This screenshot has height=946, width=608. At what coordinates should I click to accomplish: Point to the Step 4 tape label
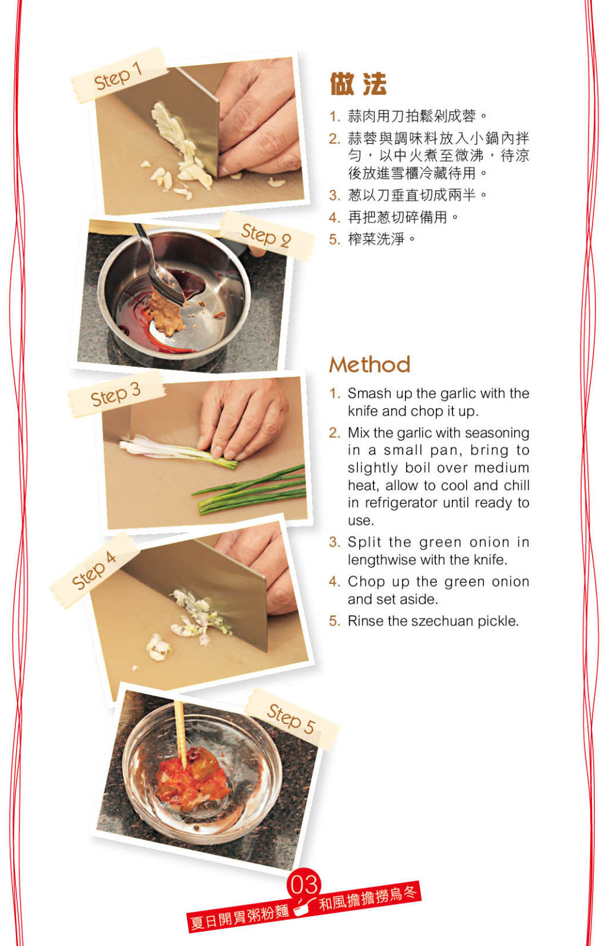(94, 570)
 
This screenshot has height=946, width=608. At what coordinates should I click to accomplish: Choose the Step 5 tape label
(292, 719)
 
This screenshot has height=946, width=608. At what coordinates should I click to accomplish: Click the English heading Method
(370, 364)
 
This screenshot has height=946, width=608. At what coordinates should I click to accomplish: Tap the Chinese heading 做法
(358, 84)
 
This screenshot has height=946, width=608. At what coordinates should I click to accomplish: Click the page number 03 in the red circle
(304, 884)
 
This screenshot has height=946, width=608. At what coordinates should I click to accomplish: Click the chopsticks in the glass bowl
(181, 734)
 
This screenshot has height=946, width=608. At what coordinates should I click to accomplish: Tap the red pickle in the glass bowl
(192, 779)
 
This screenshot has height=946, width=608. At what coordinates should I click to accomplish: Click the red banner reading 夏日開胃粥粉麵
(239, 916)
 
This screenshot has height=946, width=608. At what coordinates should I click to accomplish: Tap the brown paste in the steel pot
(166, 313)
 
